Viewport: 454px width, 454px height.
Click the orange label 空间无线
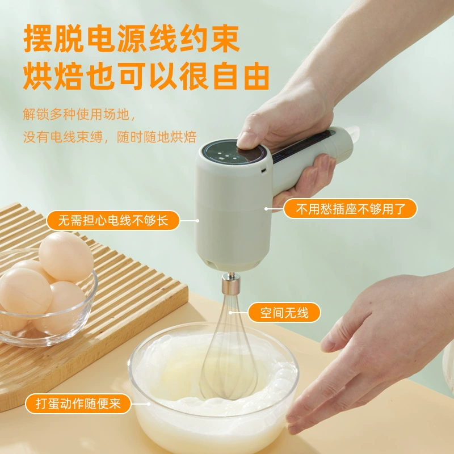click(x=284, y=313)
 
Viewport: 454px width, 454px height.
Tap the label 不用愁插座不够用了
click(x=350, y=208)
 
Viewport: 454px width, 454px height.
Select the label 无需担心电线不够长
click(x=113, y=220)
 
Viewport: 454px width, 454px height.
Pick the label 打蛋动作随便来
click(x=78, y=403)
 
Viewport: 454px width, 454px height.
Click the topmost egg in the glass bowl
click(x=66, y=257)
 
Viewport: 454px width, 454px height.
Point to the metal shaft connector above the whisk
click(x=231, y=283)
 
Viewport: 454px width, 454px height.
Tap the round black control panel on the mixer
click(x=234, y=153)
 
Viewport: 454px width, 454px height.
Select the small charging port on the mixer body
click(x=264, y=170)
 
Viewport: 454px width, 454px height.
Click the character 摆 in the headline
click(x=37, y=38)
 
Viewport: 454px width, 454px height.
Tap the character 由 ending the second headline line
click(x=257, y=76)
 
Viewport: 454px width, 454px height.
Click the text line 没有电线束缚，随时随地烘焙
click(x=110, y=137)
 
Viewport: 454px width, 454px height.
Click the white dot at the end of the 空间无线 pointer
click(x=230, y=313)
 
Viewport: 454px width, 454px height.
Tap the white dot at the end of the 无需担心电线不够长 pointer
click(x=197, y=221)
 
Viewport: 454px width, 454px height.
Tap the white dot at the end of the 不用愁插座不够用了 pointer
click(x=266, y=208)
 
